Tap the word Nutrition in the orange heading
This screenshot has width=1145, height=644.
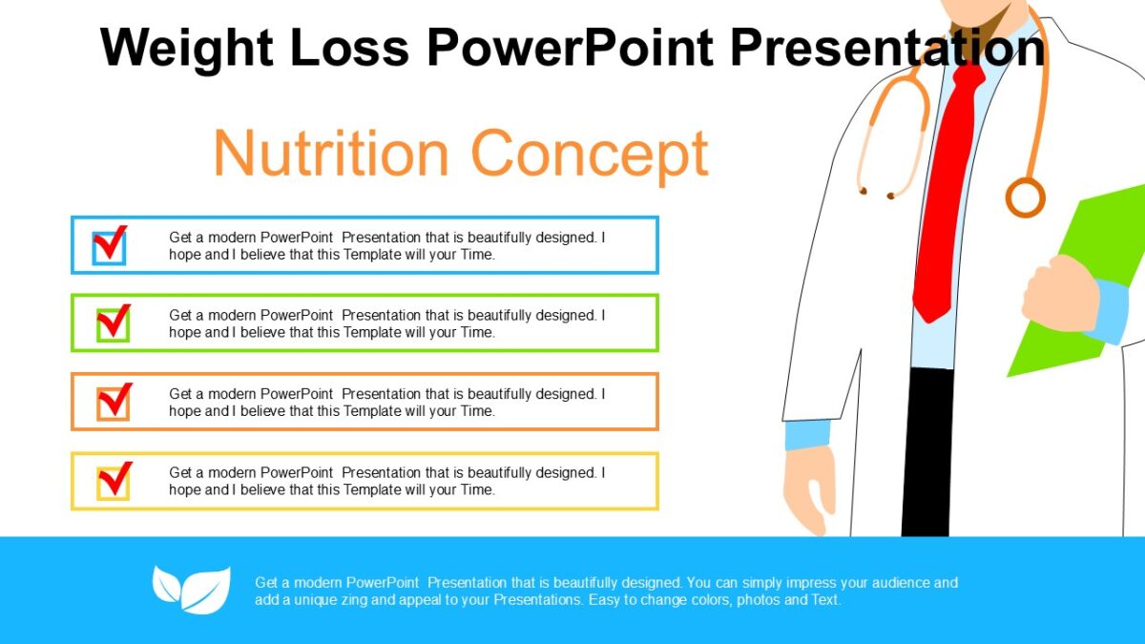pyautogui.click(x=330, y=153)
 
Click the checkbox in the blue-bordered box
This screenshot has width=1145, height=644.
pyautogui.click(x=110, y=246)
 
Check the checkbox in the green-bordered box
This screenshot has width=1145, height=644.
pyautogui.click(x=113, y=324)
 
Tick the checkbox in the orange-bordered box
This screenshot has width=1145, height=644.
pyautogui.click(x=113, y=403)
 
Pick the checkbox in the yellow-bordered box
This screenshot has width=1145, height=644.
pyautogui.click(x=113, y=482)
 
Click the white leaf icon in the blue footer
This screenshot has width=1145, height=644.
pyautogui.click(x=192, y=589)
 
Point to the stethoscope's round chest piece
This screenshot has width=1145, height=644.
pyautogui.click(x=1025, y=197)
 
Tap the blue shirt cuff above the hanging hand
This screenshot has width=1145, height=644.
pyautogui.click(x=808, y=435)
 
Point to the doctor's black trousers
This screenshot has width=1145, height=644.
pyautogui.click(x=926, y=448)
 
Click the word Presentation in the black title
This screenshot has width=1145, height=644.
pyautogui.click(x=887, y=47)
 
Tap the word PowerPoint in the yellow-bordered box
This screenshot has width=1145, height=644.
pyautogui.click(x=297, y=472)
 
